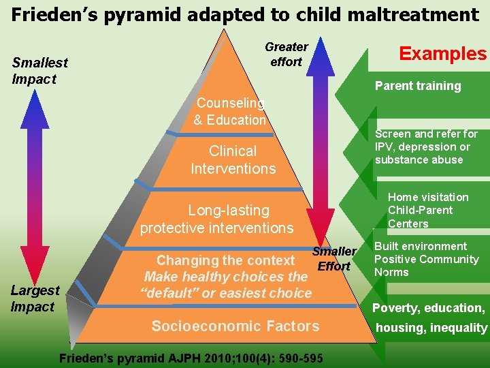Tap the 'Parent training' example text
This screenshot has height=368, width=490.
[x=418, y=86]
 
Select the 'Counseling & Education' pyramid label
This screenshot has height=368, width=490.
[x=230, y=112]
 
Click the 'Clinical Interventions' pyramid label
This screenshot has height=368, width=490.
[x=233, y=160]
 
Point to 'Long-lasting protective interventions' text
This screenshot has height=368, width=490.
[x=217, y=219]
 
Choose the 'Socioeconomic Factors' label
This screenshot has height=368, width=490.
[x=235, y=326]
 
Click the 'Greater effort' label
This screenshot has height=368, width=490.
[x=286, y=55]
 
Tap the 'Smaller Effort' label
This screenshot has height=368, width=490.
[x=333, y=259]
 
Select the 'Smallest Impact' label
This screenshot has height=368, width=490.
[x=39, y=71]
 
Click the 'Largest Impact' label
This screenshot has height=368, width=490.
[x=35, y=298]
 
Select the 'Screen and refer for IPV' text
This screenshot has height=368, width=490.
[x=426, y=147]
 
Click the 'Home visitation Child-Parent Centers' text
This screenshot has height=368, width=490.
[x=427, y=210]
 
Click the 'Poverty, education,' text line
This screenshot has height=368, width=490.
[x=428, y=308]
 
